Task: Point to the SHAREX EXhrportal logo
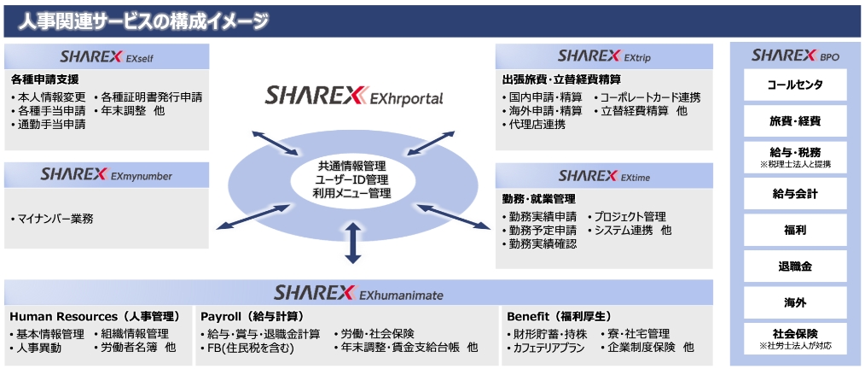(354, 96)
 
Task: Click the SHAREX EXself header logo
(107, 56)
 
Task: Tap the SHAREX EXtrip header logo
(603, 56)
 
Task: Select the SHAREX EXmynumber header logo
(106, 174)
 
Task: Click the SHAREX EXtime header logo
(604, 176)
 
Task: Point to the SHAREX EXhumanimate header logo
(358, 293)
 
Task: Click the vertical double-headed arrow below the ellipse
(353, 243)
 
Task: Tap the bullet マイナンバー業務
(52, 220)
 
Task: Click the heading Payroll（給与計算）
(253, 317)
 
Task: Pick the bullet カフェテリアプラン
(547, 348)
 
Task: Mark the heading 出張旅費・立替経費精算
(562, 79)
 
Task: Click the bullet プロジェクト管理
(627, 217)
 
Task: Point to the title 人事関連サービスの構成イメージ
(143, 21)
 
